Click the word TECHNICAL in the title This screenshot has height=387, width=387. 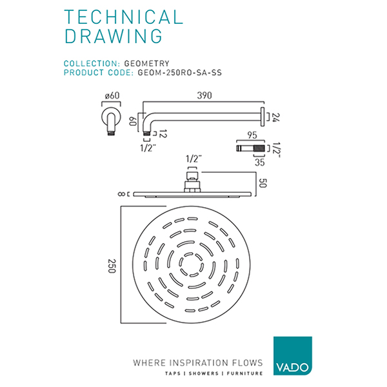coord(123,17)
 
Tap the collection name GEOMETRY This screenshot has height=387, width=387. coord(146,63)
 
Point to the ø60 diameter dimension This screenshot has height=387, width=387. coord(112,96)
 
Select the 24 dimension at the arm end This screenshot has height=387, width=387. coord(276,118)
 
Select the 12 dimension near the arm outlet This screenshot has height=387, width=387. coord(163,134)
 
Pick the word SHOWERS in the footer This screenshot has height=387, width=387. coord(202,373)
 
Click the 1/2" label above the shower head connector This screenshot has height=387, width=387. coord(192,158)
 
